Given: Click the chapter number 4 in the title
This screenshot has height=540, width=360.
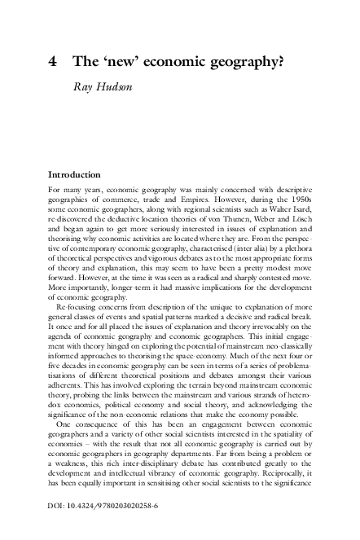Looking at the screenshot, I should pos(53,61).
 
